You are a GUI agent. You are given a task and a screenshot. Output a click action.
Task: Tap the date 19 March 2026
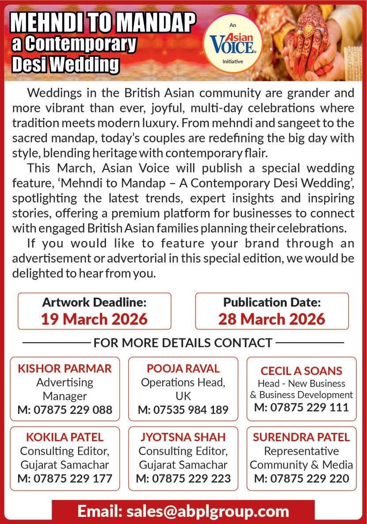pyautogui.click(x=94, y=318)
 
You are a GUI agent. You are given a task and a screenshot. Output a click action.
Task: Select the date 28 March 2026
pyautogui.click(x=271, y=318)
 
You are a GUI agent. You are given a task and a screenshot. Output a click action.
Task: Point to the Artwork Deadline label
pyautogui.click(x=94, y=303)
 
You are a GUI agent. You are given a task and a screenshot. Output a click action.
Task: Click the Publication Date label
pyautogui.click(x=271, y=303)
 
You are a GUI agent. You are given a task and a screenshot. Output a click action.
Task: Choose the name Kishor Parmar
pyautogui.click(x=65, y=369)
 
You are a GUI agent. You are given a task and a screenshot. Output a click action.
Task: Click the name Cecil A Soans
pyautogui.click(x=302, y=371)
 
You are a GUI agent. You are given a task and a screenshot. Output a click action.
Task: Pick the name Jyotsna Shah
pyautogui.click(x=183, y=437)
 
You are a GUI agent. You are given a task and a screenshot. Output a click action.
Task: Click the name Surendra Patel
pyautogui.click(x=301, y=437)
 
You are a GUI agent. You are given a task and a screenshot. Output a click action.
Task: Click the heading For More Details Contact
pyautogui.click(x=183, y=343)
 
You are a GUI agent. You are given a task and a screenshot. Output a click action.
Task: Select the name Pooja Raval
pyautogui.click(x=183, y=369)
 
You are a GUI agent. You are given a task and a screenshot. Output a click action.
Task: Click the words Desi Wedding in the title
pyautogui.click(x=65, y=65)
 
